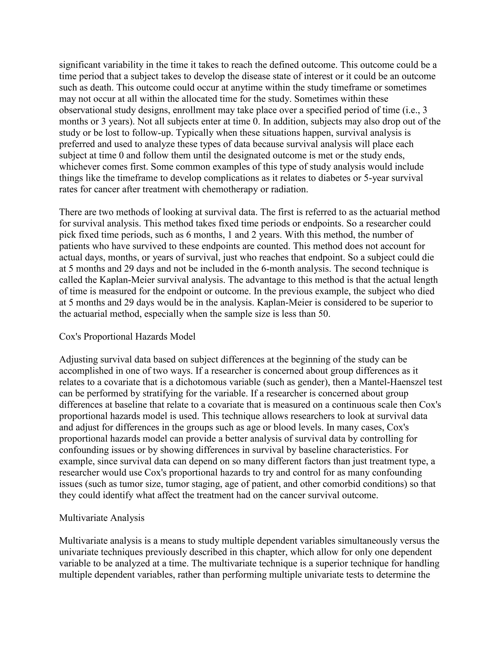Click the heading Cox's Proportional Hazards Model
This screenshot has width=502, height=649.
pos(127,337)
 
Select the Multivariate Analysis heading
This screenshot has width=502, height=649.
pos(102,518)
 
